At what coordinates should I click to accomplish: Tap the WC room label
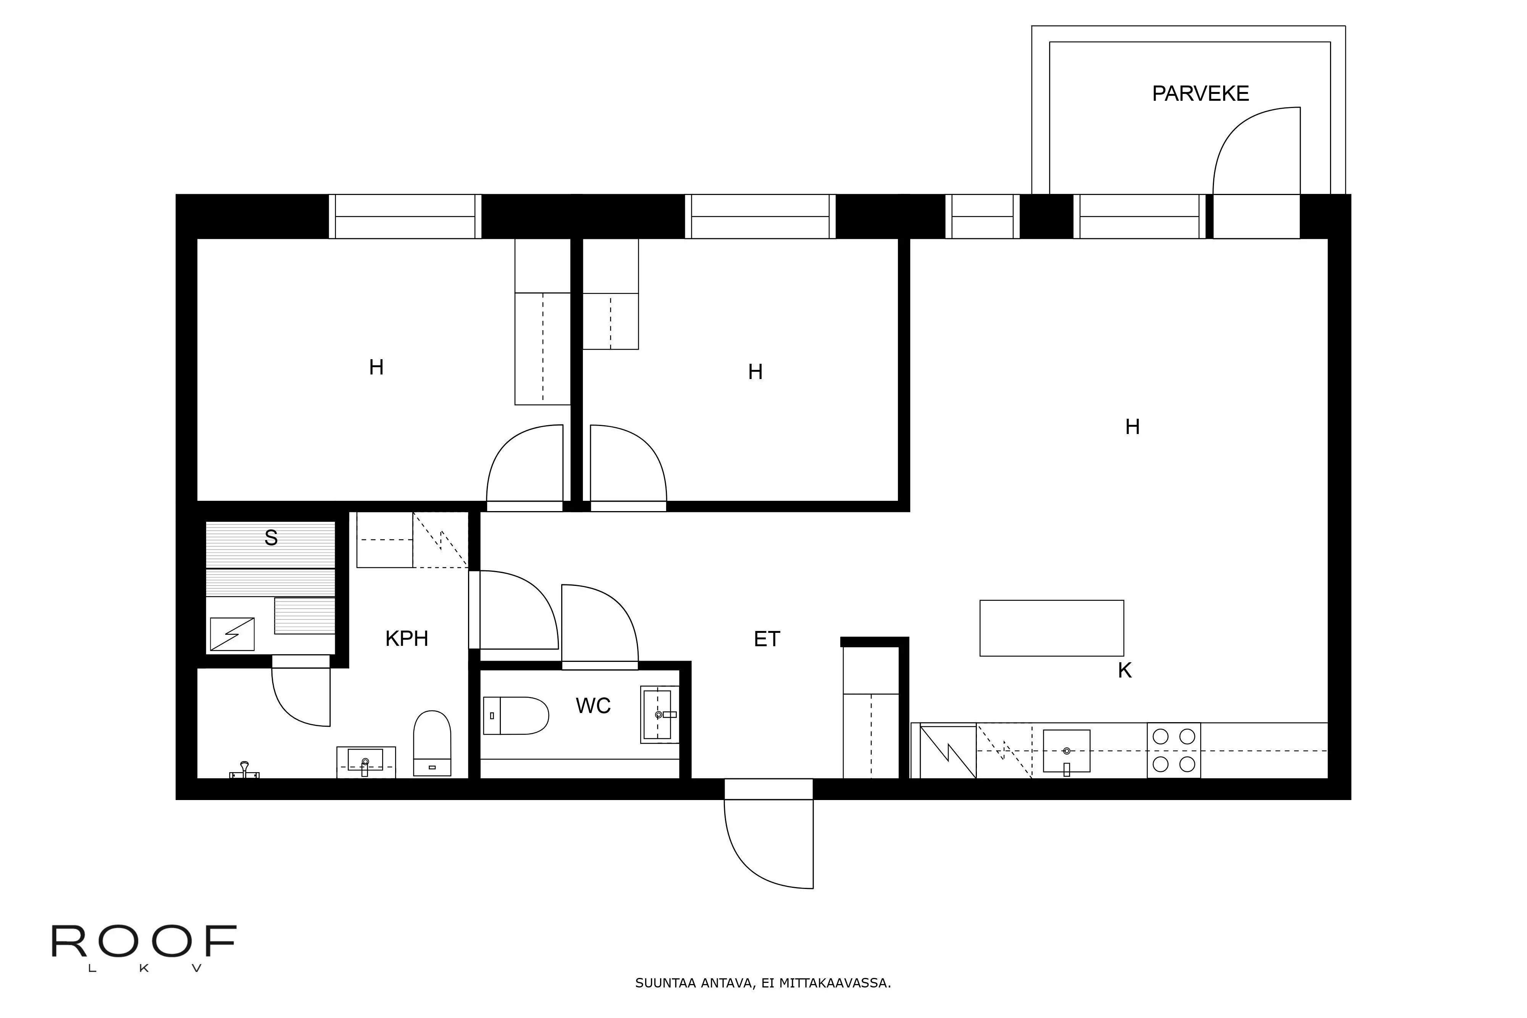[593, 706]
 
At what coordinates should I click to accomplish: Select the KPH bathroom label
[407, 639]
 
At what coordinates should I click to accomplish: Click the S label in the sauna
[271, 538]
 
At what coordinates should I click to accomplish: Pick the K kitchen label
[1125, 671]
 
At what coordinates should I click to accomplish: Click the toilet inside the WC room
[516, 715]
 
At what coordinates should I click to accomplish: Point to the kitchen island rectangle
[1051, 628]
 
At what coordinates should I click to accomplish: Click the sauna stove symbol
[232, 634]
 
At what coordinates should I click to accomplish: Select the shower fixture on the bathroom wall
[244, 770]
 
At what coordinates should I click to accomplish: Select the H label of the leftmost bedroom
[376, 368]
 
